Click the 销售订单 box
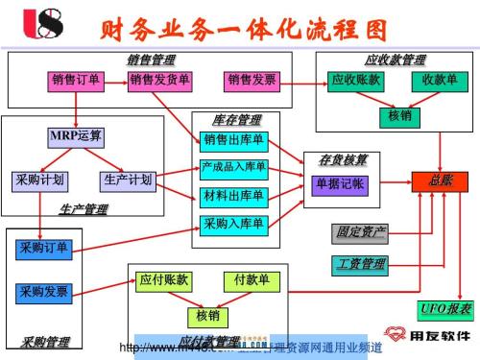click(76, 81)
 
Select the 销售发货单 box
click(159, 81)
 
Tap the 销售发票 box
click(252, 81)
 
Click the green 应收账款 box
click(355, 81)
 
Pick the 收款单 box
click(439, 81)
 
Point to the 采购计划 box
click(39, 180)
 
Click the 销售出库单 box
click(234, 141)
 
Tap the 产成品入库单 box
click(234, 169)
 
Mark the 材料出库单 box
click(234, 197)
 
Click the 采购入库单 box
click(234, 225)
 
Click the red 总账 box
click(441, 180)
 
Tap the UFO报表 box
click(444, 309)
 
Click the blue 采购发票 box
click(43, 291)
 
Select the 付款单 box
click(252, 280)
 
